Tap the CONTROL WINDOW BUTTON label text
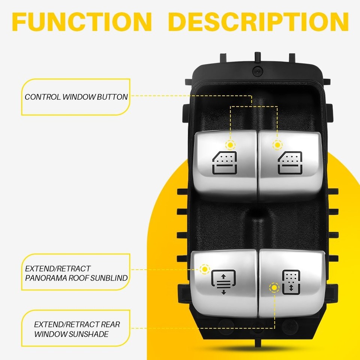[x=76, y=97]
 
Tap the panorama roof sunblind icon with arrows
[x=223, y=282]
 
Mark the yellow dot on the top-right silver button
[x=277, y=144]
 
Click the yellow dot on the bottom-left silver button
[x=204, y=269]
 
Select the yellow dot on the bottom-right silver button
[x=274, y=288]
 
